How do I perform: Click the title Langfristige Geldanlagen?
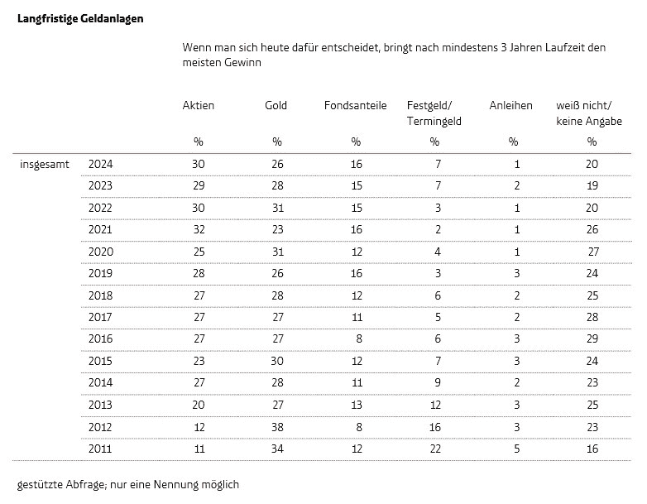[x=80, y=19]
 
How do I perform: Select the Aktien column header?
[x=198, y=106]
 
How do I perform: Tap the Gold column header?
[x=276, y=106]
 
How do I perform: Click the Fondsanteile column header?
[x=355, y=106]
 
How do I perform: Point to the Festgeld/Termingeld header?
[x=434, y=113]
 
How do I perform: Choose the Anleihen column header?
[x=510, y=106]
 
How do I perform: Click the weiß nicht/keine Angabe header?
[x=589, y=113]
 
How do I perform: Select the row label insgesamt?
[x=45, y=165]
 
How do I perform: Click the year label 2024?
[x=100, y=165]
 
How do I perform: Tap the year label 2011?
[x=100, y=449]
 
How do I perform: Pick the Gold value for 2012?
[x=277, y=427]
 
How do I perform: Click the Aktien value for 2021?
[x=199, y=229]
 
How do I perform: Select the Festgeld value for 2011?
[x=435, y=449]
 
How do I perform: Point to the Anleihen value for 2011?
[x=516, y=449]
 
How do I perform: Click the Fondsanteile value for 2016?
[x=359, y=338]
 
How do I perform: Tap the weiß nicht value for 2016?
[x=592, y=338]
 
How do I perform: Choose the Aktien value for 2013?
[x=199, y=405]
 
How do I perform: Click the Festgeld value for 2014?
[x=438, y=382]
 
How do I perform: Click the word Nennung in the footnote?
[x=175, y=484]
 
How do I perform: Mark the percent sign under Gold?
[x=277, y=142]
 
